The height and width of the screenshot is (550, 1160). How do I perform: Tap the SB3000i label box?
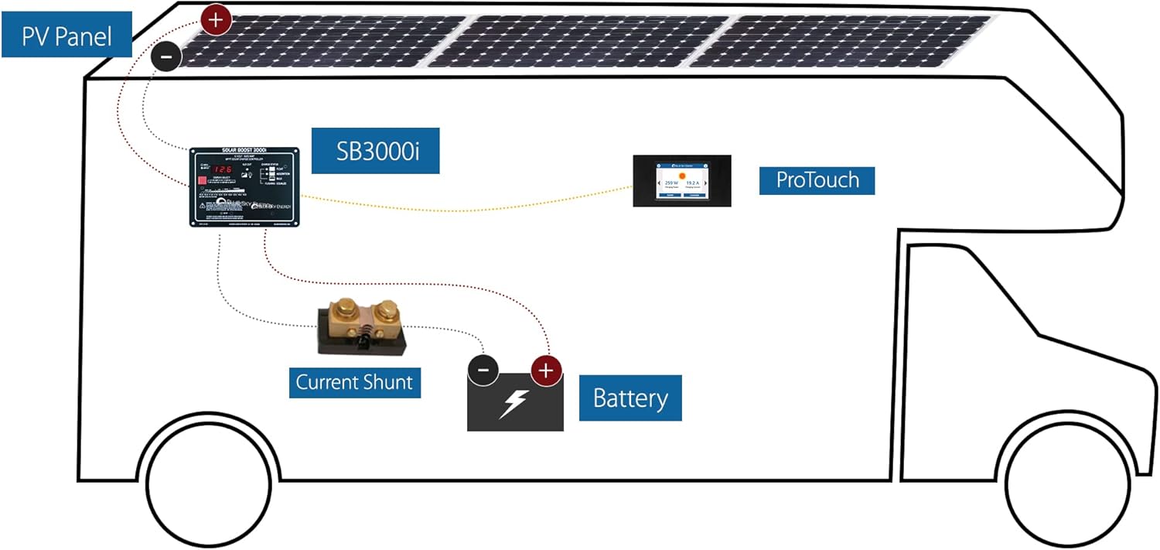(x=375, y=151)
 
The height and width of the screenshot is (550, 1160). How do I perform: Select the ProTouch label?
(x=817, y=179)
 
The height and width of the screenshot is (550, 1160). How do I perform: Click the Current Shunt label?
(x=354, y=382)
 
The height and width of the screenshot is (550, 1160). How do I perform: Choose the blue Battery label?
(x=630, y=398)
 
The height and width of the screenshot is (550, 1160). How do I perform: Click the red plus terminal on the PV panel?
(x=216, y=19)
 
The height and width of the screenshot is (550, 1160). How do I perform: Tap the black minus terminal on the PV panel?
(x=166, y=56)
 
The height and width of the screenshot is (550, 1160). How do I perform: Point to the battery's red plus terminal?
(x=546, y=371)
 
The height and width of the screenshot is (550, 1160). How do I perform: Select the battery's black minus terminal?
(x=483, y=371)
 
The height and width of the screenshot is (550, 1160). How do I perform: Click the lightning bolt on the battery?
(x=513, y=403)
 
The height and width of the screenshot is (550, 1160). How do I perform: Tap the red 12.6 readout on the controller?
(x=223, y=169)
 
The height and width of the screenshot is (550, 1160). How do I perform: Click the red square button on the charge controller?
(x=202, y=183)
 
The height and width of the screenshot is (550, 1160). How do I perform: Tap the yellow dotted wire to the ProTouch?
(x=464, y=207)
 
